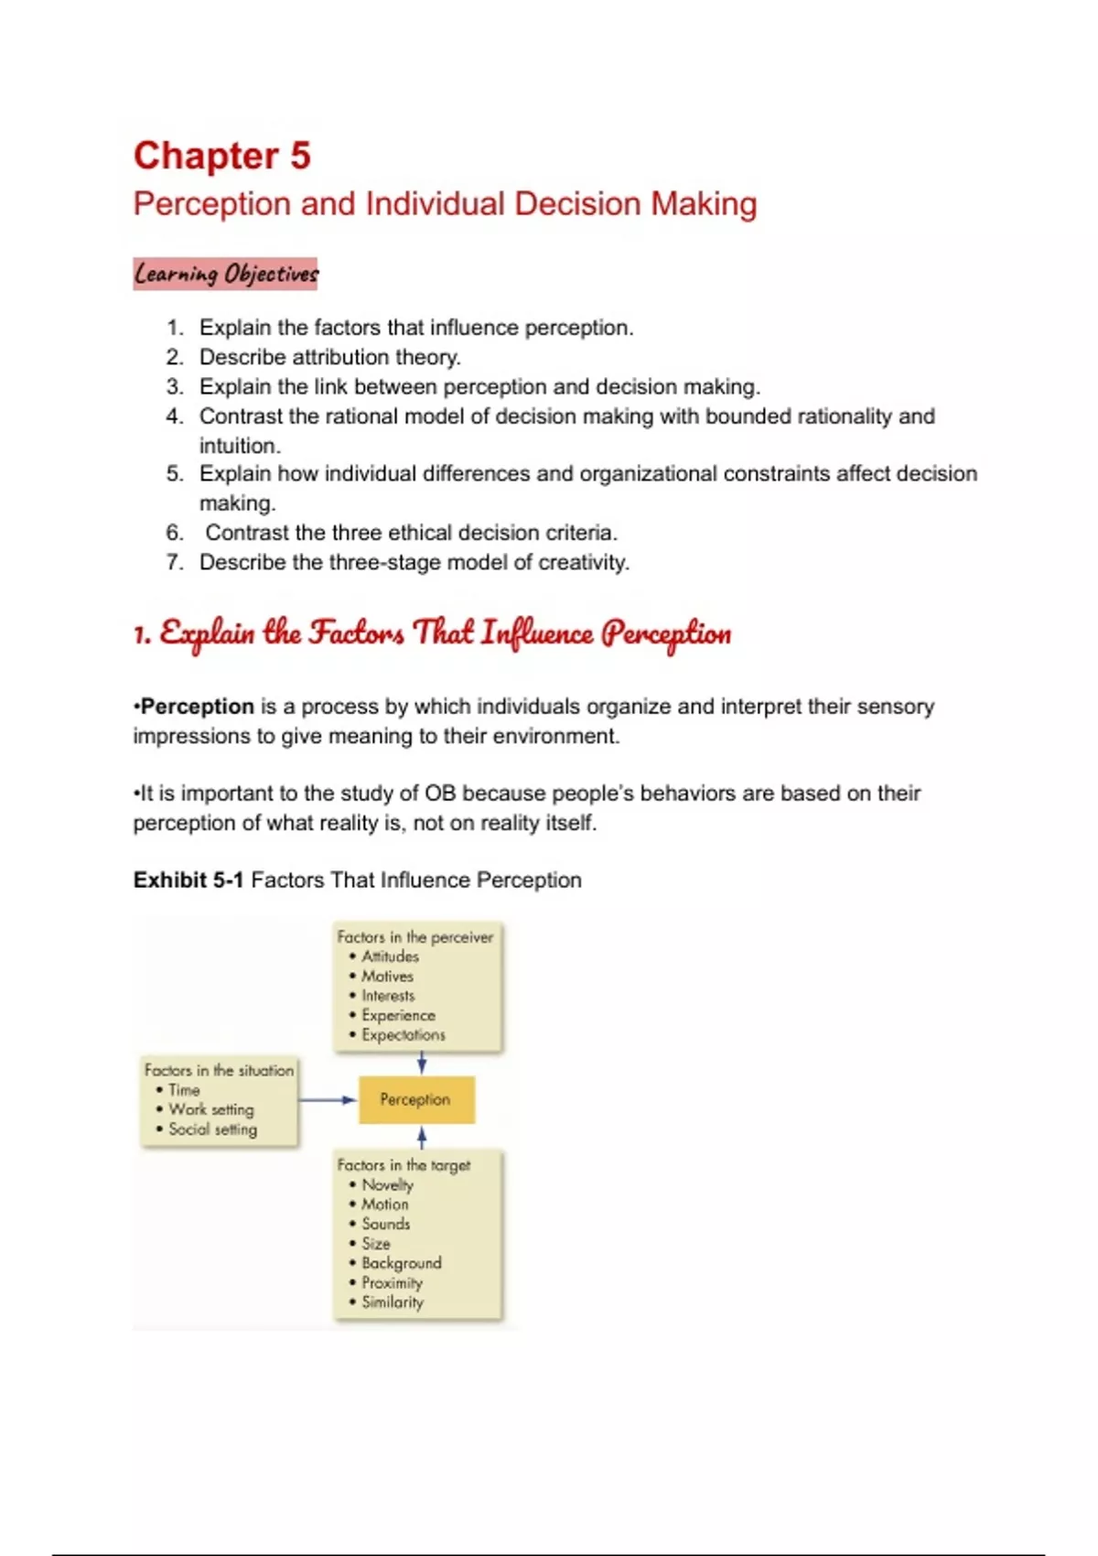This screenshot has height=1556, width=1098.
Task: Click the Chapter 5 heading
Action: point(222,156)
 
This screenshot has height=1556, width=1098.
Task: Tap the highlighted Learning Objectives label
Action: point(225,274)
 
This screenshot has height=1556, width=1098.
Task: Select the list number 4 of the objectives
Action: point(175,416)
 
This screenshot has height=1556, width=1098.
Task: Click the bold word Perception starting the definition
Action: point(197,707)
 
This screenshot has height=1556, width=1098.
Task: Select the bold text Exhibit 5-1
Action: point(188,880)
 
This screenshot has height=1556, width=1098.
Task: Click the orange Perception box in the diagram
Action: point(415,1099)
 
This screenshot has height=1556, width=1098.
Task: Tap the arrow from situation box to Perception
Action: point(328,1099)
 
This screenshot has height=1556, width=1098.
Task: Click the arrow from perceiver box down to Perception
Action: point(422,1063)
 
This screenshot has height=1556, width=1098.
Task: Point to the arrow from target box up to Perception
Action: point(422,1137)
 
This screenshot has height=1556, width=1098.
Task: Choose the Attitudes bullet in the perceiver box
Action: point(390,956)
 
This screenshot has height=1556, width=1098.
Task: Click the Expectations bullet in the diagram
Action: point(403,1035)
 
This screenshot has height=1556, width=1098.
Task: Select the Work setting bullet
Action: point(210,1109)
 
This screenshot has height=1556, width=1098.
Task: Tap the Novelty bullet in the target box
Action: point(387,1184)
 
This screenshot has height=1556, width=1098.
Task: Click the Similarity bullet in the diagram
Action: point(392,1302)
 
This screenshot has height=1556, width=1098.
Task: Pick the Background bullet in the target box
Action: point(401,1263)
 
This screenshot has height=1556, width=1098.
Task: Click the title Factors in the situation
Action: point(219,1070)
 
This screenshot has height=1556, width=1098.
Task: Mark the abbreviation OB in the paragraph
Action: point(439,794)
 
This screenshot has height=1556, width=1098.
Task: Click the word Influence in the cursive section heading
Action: point(537,633)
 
